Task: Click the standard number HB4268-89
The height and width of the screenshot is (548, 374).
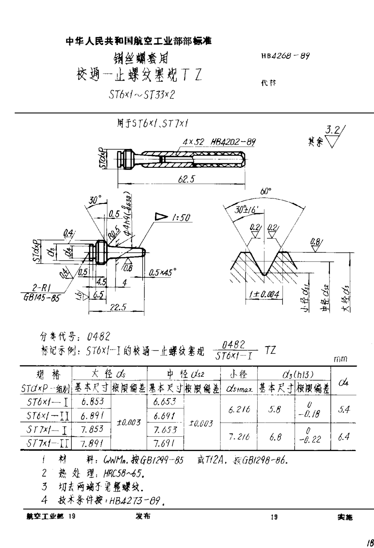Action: tap(285, 56)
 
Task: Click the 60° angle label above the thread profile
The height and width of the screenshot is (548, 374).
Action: tap(265, 191)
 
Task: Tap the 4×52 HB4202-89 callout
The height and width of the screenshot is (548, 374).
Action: tap(220, 142)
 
